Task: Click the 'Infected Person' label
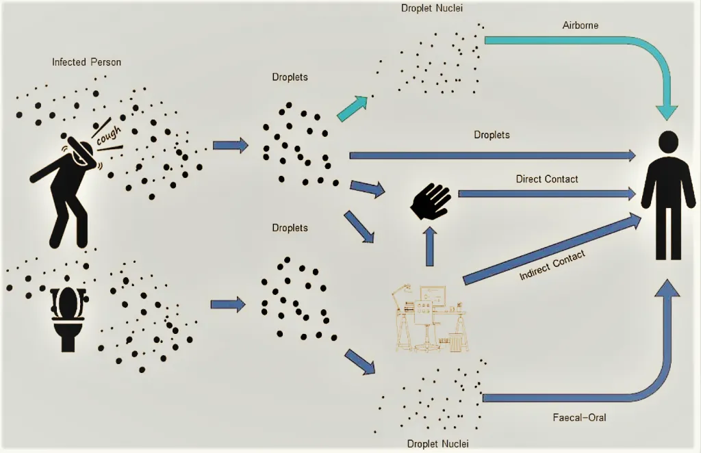tap(86, 62)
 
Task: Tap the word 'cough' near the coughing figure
tap(108, 135)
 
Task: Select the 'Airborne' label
tap(580, 25)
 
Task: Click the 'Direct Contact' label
tap(546, 179)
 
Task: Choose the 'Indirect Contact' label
tap(552, 265)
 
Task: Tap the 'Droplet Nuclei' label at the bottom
tap(437, 443)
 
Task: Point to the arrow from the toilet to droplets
tap(227, 304)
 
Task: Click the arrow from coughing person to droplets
tap(230, 145)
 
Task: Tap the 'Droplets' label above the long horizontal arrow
tap(492, 135)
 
